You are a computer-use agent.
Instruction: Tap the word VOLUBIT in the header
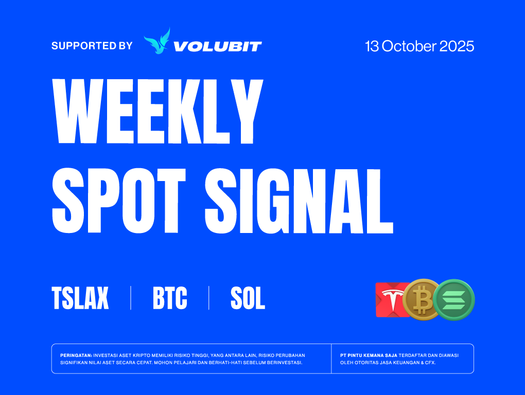coord(218,46)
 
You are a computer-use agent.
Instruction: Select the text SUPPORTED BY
coord(92,45)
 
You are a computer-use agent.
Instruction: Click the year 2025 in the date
coord(457,46)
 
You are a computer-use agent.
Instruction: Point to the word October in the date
coord(409,46)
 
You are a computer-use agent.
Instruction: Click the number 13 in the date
coord(372,46)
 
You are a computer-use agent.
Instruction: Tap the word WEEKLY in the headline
coord(157,111)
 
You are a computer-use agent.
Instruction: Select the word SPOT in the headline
coord(119,201)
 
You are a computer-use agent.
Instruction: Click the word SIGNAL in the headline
coord(299,201)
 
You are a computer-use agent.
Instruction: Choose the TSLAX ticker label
coord(80,298)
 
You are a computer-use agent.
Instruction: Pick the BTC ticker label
coord(170,298)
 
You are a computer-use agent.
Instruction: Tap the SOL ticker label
coord(248,298)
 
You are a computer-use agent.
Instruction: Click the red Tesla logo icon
coord(390,300)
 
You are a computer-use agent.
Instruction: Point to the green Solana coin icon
coord(454,300)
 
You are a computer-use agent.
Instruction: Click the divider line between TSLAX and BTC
coord(131,298)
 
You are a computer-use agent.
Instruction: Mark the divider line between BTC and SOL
coord(209,298)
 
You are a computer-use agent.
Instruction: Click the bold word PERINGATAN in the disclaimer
coord(76,355)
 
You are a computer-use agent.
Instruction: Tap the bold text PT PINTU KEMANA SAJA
coord(369,355)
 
